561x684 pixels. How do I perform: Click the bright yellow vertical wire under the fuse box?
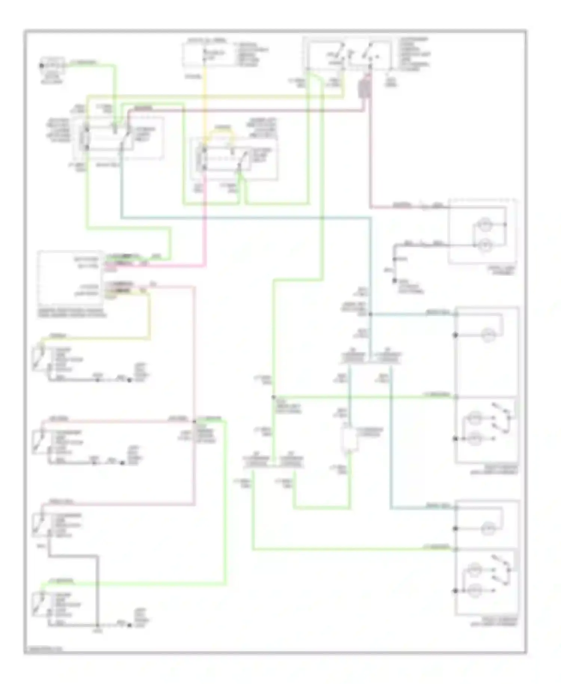pyautogui.click(x=204, y=97)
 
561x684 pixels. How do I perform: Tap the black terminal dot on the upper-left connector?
pyautogui.click(x=42, y=66)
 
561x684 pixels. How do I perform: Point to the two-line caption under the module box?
pyautogui.click(x=72, y=313)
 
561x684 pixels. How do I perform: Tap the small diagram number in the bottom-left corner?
pyautogui.click(x=43, y=648)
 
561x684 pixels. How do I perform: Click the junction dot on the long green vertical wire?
pyautogui.click(x=274, y=397)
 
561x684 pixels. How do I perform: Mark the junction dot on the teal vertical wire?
pyautogui.click(x=370, y=314)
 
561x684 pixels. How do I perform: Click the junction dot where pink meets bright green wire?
pyautogui.click(x=194, y=422)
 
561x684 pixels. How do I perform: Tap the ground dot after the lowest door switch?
pyautogui.click(x=129, y=625)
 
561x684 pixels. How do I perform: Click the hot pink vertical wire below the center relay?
pyautogui.click(x=205, y=225)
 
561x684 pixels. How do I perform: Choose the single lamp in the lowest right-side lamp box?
pyautogui.click(x=487, y=529)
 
